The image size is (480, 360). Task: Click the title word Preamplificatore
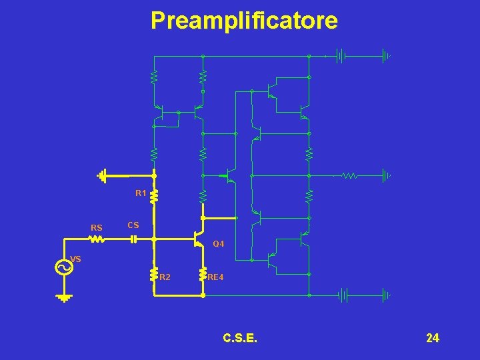(244, 21)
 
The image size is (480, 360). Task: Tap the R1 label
(141, 193)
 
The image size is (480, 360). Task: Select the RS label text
(97, 228)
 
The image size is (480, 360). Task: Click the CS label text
(133, 225)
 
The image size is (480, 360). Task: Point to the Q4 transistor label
(219, 245)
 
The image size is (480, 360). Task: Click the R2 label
(165, 276)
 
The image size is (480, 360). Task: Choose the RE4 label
(215, 276)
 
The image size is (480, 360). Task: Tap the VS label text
(75, 259)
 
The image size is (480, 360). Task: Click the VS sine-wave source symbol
(64, 267)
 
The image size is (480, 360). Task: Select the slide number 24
(433, 339)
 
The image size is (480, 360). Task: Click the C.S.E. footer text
(241, 339)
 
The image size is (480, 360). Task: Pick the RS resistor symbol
(97, 238)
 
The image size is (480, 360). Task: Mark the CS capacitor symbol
(133, 238)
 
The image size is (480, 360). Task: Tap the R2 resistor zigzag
(154, 275)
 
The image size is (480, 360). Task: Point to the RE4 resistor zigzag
(203, 275)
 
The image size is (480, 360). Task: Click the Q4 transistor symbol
(197, 238)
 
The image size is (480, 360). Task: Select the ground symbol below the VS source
(64, 297)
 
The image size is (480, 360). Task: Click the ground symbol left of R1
(101, 176)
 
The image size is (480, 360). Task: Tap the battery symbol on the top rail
(341, 57)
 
